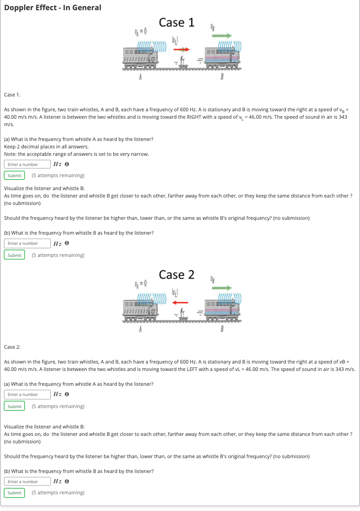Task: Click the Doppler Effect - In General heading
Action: point(52,7)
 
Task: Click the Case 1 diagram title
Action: point(176,22)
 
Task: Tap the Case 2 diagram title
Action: point(176,275)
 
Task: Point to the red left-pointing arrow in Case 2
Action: point(179,302)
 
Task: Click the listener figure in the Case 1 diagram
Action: point(184,60)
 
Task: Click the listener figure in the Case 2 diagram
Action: point(184,313)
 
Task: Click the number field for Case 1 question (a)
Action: point(27,164)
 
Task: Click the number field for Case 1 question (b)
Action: point(27,243)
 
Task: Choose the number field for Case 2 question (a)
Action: point(27,395)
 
